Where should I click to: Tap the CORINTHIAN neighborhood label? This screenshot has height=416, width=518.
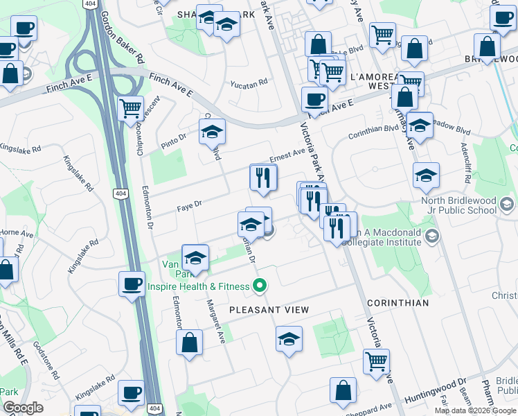[398, 303]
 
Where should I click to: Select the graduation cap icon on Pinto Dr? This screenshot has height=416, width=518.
[213, 132]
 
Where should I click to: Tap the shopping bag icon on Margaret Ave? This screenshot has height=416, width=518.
[189, 343]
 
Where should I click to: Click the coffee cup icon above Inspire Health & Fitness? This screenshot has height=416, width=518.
[132, 283]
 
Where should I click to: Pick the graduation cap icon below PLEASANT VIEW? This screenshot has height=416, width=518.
[289, 339]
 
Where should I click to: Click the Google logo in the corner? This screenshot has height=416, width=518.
[23, 408]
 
